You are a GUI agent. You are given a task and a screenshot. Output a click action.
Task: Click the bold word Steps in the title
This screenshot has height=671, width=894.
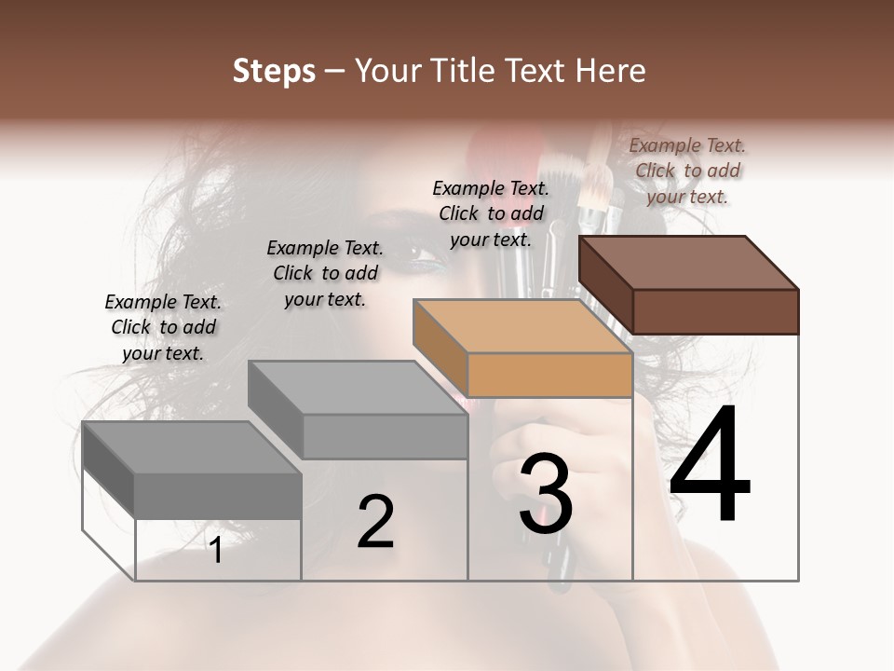[x=274, y=71]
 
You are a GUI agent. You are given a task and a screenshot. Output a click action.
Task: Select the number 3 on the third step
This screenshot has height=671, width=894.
[x=546, y=494]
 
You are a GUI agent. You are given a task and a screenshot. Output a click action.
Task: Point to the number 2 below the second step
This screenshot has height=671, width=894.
[x=375, y=522]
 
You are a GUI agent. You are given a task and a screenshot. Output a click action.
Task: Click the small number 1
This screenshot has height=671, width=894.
[x=216, y=551]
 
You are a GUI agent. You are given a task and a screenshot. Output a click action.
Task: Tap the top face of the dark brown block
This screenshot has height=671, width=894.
[x=689, y=263]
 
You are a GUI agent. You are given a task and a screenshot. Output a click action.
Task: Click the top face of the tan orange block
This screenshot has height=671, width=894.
[x=521, y=326]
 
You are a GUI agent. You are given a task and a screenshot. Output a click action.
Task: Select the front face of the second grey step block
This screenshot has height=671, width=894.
[x=385, y=436]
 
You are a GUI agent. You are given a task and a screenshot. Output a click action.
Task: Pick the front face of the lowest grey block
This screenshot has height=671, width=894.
[x=218, y=495]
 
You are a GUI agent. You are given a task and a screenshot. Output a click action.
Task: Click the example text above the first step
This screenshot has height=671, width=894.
[x=163, y=327]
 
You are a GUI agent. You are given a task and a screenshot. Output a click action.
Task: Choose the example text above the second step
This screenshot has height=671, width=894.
[x=325, y=273]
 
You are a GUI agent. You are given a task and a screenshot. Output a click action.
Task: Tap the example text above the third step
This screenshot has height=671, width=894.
[x=491, y=213]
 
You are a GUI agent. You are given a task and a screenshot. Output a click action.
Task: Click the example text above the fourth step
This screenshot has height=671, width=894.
[x=687, y=171]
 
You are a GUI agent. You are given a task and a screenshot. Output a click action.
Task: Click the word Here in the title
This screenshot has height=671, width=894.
[x=609, y=71]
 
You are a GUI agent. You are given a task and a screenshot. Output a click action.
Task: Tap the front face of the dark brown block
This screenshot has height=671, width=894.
[x=715, y=311]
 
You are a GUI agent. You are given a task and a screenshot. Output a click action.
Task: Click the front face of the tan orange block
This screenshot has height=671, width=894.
[x=549, y=376]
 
